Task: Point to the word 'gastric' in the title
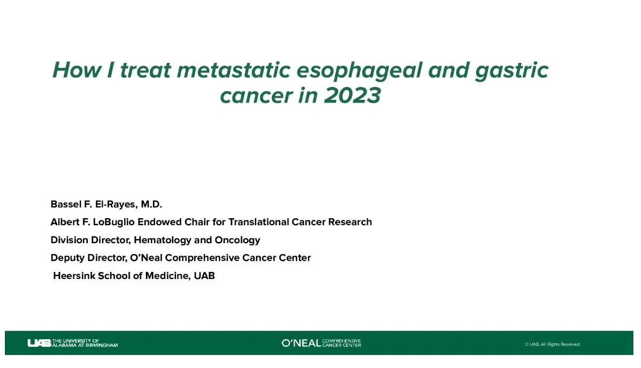tap(511, 71)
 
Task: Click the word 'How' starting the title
tap(76, 70)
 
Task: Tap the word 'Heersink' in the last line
tap(73, 276)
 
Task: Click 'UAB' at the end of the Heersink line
tap(204, 276)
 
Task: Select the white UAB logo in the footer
tap(39, 343)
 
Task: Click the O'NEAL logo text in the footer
tap(301, 343)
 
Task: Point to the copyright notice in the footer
tap(552, 344)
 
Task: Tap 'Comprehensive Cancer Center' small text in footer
tap(342, 343)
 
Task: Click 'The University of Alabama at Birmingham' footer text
tap(85, 343)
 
